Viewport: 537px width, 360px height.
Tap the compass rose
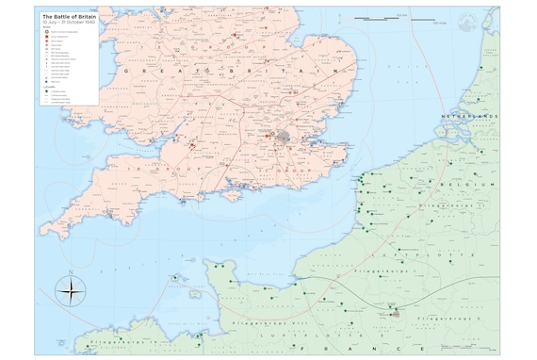pos(70,289)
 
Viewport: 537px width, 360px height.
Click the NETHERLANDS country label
pos(464,116)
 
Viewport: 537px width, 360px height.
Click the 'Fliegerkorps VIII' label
pos(259,322)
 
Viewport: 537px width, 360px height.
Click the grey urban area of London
pos(284,138)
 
